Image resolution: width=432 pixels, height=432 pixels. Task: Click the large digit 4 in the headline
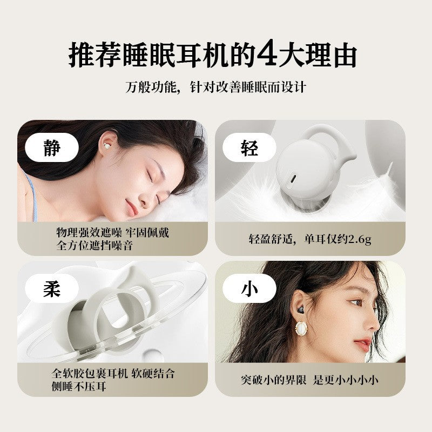pos(267,52)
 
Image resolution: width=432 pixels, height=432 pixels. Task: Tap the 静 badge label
pos(52,147)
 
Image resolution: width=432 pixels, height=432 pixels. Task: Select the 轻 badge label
pos(249,147)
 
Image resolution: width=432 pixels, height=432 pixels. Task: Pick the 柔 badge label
pos(52,289)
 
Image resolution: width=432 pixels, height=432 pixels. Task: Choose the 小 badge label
pos(249,289)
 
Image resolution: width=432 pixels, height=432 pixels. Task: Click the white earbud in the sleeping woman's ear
pos(106,145)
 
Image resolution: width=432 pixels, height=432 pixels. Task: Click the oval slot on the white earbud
pos(293,179)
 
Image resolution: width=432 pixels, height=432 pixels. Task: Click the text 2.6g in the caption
pos(360,239)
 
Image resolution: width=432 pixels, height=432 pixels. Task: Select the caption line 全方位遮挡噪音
pos(95,245)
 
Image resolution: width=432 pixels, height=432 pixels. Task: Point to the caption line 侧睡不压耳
pos(79,386)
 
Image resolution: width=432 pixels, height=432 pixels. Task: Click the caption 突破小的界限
pos(274,380)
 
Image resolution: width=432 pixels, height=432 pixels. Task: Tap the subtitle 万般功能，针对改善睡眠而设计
pos(215,87)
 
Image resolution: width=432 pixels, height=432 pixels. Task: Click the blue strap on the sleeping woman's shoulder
pos(32,195)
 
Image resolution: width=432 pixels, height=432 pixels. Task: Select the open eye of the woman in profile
pos(356,302)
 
